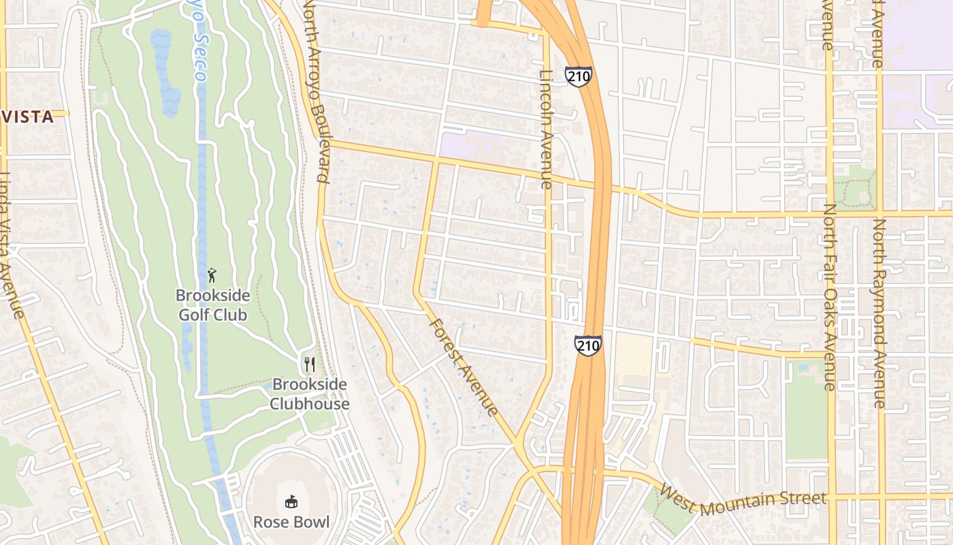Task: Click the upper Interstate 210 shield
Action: [x=578, y=76]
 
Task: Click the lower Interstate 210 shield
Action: [x=587, y=345]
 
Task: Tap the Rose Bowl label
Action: [x=291, y=523]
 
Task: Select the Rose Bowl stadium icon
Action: [x=291, y=502]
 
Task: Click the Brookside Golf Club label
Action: [x=212, y=305]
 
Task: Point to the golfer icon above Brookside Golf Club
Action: [x=212, y=276]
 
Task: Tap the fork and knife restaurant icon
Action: [x=310, y=364]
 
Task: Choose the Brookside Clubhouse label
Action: [x=310, y=394]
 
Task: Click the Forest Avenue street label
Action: [x=464, y=368]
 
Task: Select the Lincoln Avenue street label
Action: [x=546, y=129]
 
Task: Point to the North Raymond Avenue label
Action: [x=879, y=313]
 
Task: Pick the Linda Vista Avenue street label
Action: [x=13, y=245]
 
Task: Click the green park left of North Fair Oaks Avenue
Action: [x=805, y=412]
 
